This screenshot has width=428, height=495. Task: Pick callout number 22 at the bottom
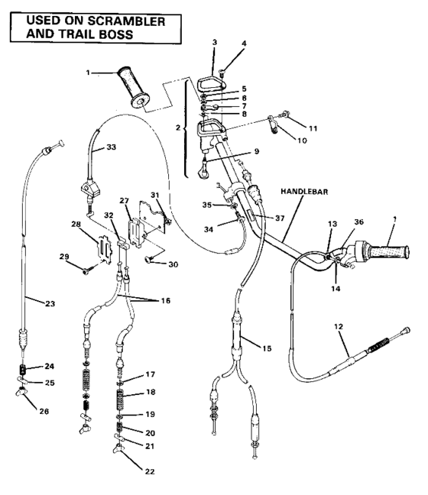click(x=150, y=471)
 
